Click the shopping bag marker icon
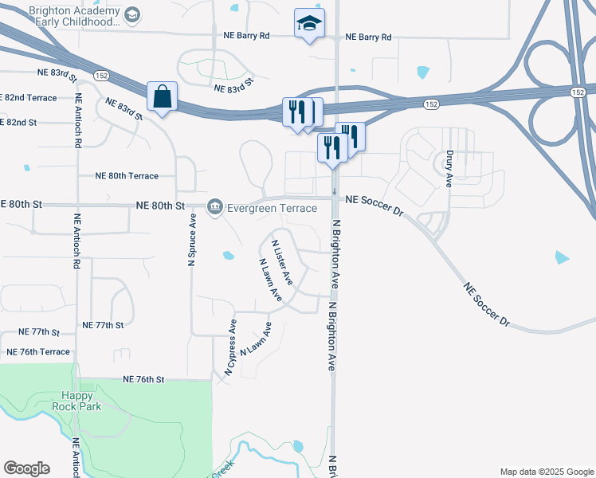[x=163, y=97]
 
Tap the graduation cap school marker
[x=309, y=24]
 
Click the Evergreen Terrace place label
[x=271, y=208]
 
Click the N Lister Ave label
[x=282, y=262]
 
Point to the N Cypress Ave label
[x=231, y=347]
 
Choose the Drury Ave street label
[x=449, y=169]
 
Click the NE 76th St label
[x=143, y=380]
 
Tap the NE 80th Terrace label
[x=127, y=175]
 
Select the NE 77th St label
[x=104, y=326]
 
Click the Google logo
[x=26, y=468]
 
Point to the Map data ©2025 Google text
[x=547, y=472]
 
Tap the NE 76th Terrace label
[x=37, y=351]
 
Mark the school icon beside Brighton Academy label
[x=132, y=14]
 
